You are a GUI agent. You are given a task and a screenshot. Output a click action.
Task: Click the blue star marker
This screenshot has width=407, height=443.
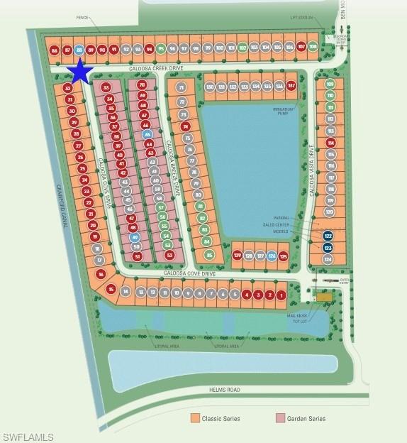(x=80, y=71)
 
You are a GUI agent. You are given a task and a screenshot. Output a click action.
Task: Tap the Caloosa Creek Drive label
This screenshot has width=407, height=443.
(x=155, y=68)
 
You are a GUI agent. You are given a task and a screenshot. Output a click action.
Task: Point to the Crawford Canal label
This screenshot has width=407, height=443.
(x=50, y=205)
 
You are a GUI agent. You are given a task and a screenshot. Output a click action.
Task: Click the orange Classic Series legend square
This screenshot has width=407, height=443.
(x=194, y=419)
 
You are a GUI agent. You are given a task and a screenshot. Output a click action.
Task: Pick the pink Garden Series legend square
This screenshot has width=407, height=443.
(x=280, y=419)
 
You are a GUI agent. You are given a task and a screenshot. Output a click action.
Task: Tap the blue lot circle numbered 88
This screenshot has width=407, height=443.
(x=79, y=50)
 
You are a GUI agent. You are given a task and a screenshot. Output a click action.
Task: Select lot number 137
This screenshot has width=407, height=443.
(x=291, y=86)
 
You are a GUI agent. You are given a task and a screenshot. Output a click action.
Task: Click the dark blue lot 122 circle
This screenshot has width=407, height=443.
(x=328, y=236)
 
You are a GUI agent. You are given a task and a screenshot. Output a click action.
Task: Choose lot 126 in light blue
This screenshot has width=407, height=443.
(x=271, y=256)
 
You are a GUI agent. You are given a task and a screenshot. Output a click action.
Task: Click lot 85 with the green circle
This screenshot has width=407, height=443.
(x=209, y=255)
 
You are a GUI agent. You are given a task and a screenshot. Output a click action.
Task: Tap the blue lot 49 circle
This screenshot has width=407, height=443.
(x=135, y=237)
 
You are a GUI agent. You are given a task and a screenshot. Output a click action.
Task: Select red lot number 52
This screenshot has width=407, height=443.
(x=169, y=255)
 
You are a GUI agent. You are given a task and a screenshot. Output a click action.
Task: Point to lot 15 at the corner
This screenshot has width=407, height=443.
(x=111, y=289)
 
